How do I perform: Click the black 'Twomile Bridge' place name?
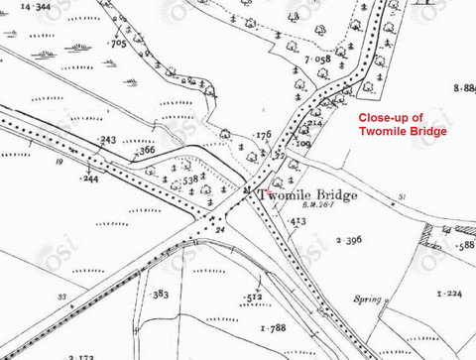(x=307, y=195)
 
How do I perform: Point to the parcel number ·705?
(x=117, y=44)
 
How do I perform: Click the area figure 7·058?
(x=317, y=60)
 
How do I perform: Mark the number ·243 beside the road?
(x=106, y=140)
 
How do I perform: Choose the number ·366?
(x=145, y=151)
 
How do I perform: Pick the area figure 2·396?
(x=348, y=241)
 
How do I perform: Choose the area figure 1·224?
(x=450, y=295)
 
